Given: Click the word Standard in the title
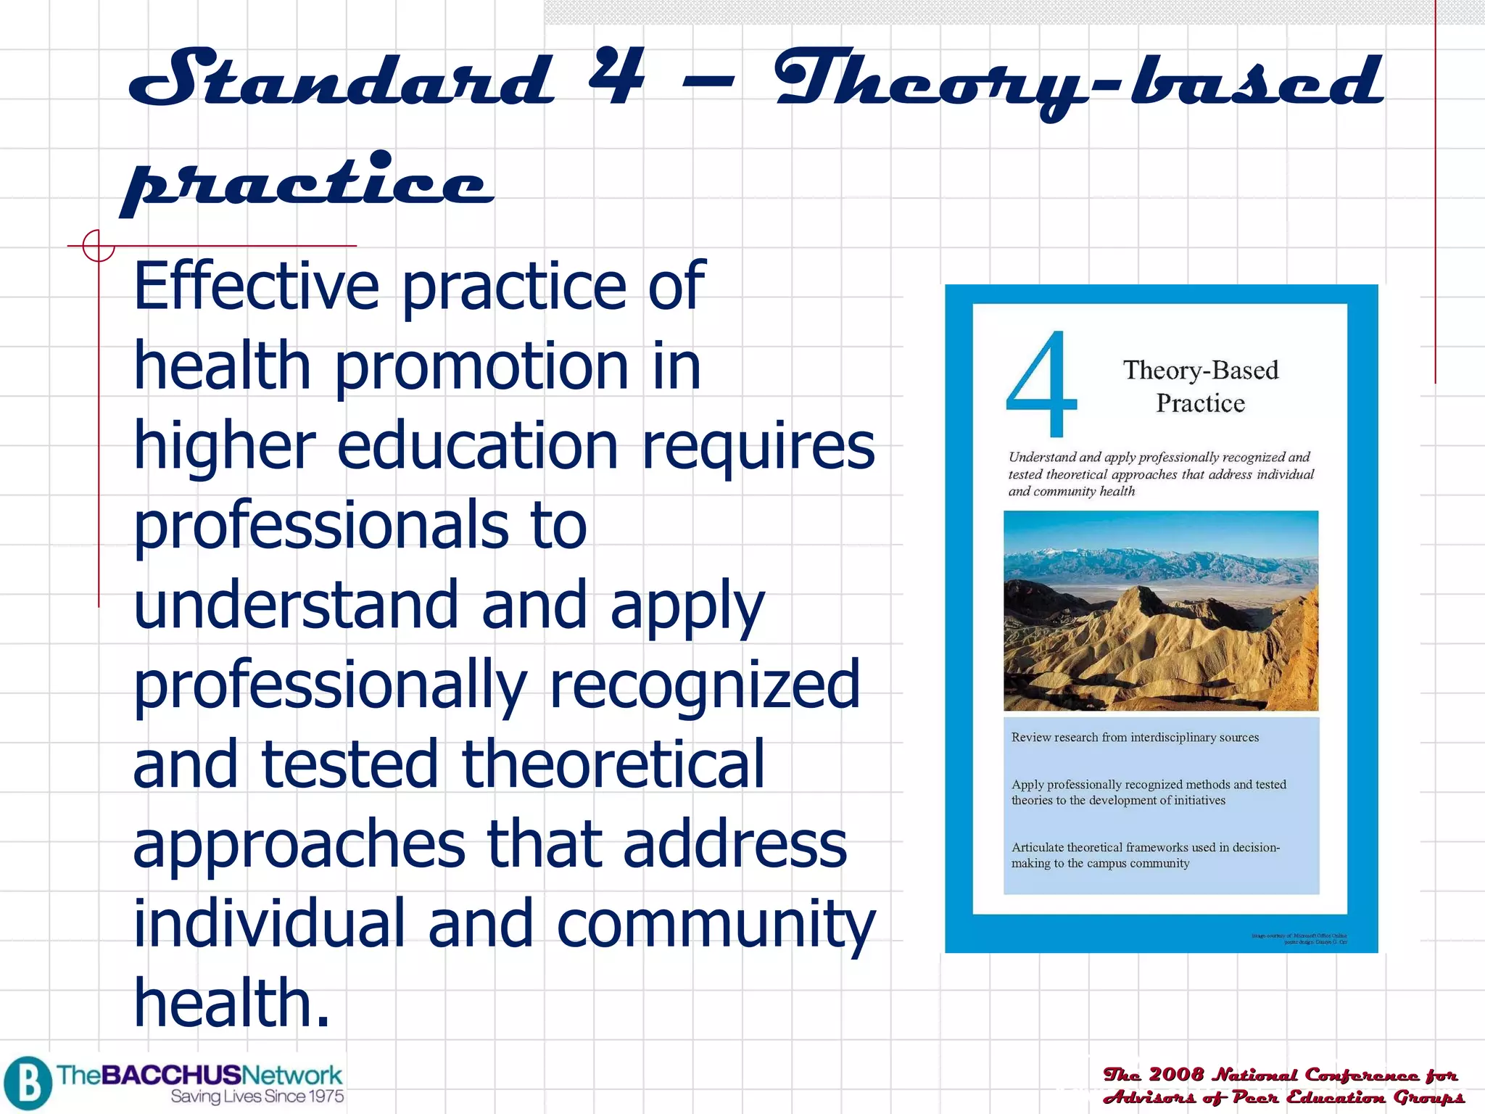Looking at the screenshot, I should click(x=341, y=78).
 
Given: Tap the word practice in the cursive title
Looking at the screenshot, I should click(x=308, y=181).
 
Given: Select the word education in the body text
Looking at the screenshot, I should click(x=478, y=446).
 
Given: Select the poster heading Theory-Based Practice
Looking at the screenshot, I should click(x=1200, y=386).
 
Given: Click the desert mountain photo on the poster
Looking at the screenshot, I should click(x=1161, y=611).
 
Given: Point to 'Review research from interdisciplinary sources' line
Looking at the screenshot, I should click(x=1135, y=738).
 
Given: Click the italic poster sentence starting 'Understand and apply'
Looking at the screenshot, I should click(x=1160, y=474).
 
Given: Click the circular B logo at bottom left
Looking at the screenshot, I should click(x=28, y=1083).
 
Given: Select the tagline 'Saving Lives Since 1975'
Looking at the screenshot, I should click(x=257, y=1097).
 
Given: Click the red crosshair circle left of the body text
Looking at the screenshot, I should click(x=98, y=246).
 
